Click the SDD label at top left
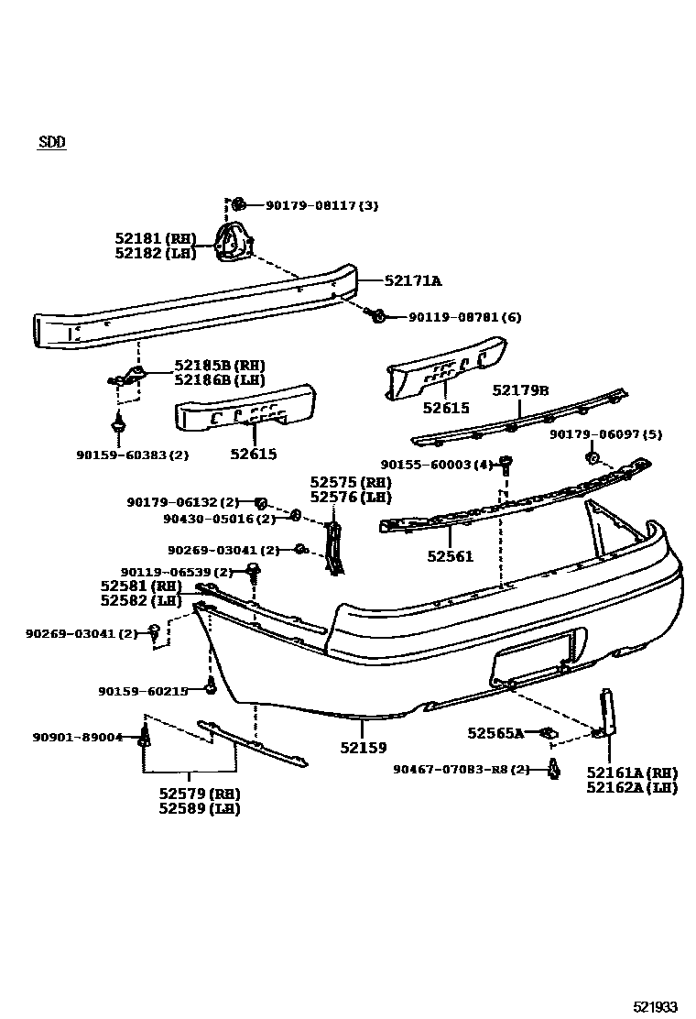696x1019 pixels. click(x=52, y=142)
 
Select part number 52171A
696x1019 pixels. click(x=412, y=281)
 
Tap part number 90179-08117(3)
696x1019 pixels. click(x=321, y=205)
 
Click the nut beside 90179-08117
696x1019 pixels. click(x=237, y=203)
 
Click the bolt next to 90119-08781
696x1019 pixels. click(x=375, y=316)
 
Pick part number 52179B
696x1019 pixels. click(x=520, y=390)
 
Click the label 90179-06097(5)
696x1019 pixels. click(x=605, y=433)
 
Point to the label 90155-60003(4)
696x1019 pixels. click(x=437, y=465)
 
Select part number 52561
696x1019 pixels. click(x=450, y=555)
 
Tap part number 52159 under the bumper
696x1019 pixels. click(x=363, y=747)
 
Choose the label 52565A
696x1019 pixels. click(x=495, y=733)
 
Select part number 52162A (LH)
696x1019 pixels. click(x=632, y=787)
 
